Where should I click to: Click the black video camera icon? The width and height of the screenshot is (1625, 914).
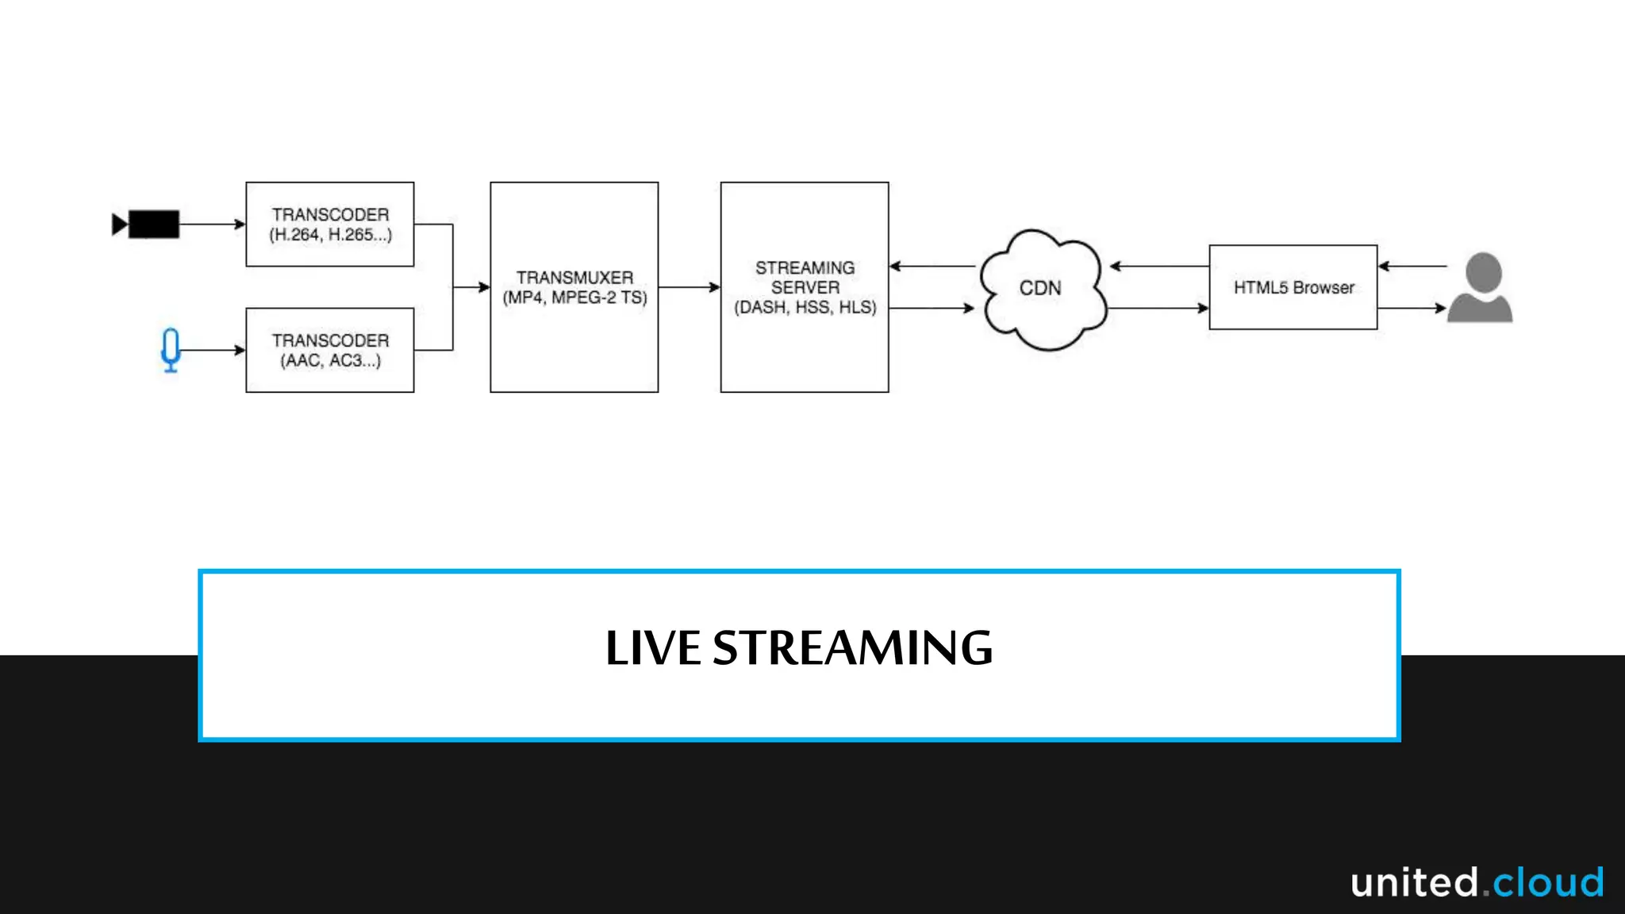pos(147,225)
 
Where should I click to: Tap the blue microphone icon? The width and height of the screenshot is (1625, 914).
pos(171,349)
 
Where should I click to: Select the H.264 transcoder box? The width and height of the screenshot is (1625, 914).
pos(330,225)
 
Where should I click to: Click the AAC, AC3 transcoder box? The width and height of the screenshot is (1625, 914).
pos(330,350)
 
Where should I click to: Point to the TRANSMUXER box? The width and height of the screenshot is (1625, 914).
pos(574,287)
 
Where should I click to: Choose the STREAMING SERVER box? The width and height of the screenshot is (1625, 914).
pos(805,287)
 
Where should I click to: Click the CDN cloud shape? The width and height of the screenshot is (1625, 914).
pos(1042,289)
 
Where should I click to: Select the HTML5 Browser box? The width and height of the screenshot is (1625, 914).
pos(1293,287)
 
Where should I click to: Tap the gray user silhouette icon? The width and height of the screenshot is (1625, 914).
pos(1481,288)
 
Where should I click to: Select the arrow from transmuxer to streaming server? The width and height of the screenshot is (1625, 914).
pos(689,287)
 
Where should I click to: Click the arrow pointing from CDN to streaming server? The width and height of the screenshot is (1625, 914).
pos(933,267)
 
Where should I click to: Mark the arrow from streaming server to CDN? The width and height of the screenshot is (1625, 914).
pos(932,308)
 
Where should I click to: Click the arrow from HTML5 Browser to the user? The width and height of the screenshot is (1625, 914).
pos(1412,308)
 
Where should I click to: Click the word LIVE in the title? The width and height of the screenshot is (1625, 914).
pos(653,648)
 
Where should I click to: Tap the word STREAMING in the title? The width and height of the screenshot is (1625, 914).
pos(853,648)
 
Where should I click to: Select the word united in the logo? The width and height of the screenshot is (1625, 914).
pos(1414,882)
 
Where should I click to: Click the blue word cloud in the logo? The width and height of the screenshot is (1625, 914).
pos(1548,882)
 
